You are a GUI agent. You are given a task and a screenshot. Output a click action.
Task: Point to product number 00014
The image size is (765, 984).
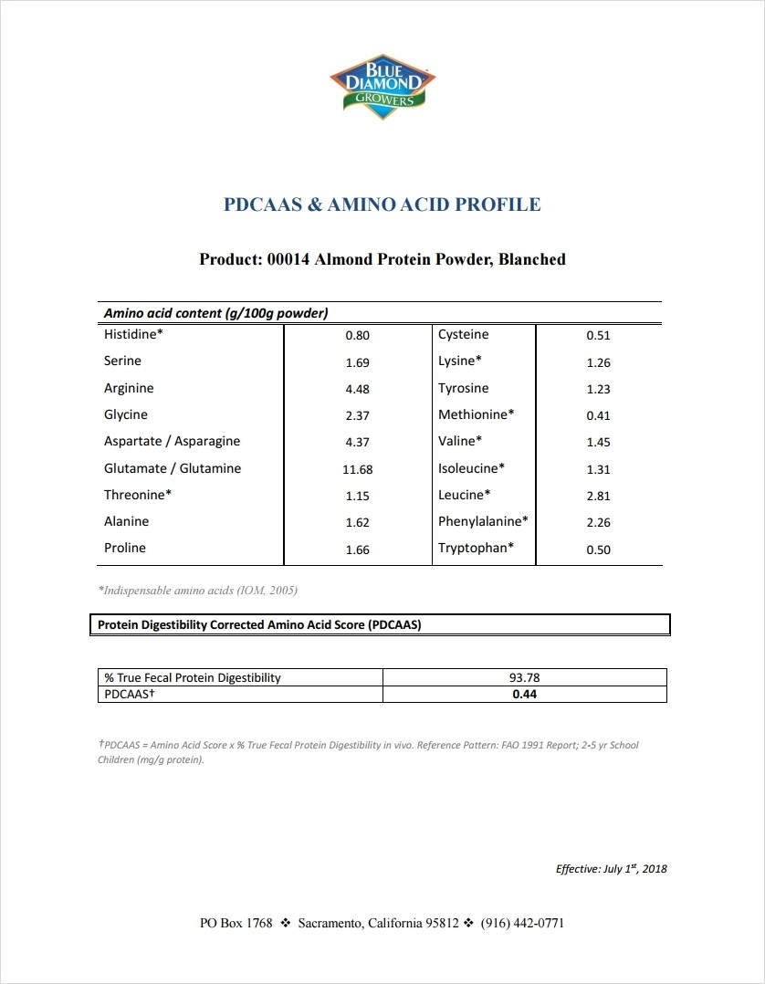288,259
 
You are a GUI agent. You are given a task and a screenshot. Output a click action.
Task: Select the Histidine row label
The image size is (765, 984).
133,335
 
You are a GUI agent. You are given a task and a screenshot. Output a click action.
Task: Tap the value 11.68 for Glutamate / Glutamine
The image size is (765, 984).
357,469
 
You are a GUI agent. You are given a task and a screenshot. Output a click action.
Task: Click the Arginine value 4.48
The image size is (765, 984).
357,389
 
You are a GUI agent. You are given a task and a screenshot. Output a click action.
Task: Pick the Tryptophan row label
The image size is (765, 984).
476,548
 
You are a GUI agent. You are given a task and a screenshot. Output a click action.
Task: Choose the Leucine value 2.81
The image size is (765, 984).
598,496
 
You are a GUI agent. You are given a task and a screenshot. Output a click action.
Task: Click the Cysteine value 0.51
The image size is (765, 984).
598,335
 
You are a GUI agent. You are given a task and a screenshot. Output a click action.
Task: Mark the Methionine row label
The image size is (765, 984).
476,414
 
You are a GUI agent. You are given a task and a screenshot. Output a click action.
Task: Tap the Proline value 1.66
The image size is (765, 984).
357,550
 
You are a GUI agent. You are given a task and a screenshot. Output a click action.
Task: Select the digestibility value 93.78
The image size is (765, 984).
524,678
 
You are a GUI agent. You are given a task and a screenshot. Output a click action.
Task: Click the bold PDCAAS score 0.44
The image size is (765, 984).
524,695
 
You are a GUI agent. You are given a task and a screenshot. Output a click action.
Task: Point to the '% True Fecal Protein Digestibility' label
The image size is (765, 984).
193,678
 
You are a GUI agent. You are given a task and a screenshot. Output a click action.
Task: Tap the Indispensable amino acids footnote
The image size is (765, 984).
197,591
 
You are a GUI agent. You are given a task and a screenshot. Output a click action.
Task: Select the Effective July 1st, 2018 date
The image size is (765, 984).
611,868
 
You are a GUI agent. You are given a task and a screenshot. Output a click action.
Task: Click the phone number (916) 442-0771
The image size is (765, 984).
522,923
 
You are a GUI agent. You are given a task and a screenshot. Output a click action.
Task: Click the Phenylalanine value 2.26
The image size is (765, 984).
598,522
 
